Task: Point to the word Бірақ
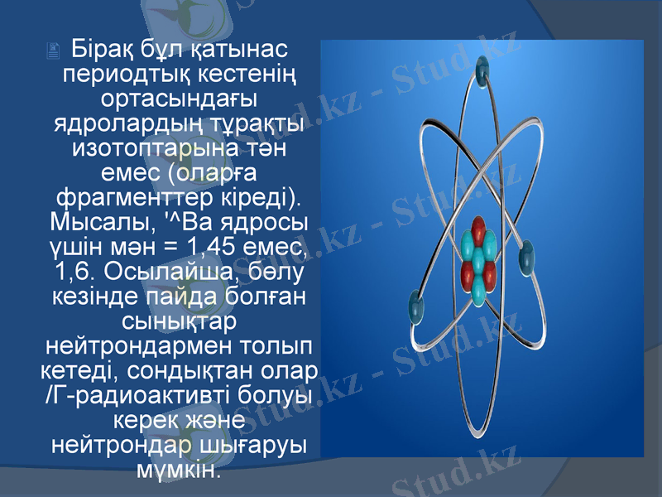click(x=99, y=47)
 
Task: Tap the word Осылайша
click(x=165, y=273)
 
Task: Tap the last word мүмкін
click(x=179, y=469)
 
